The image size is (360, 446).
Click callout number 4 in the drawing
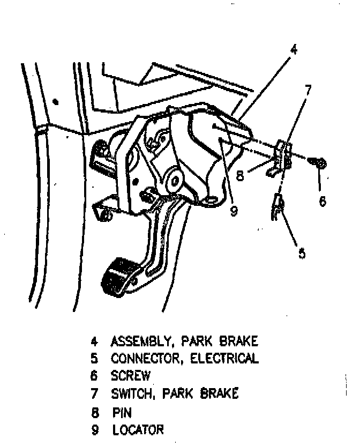[x=293, y=50]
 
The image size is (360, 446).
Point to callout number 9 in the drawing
[x=234, y=211]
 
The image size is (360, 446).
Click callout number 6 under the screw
[x=322, y=201]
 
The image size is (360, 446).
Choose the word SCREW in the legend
[x=131, y=376]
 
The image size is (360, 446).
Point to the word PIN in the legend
[x=122, y=412]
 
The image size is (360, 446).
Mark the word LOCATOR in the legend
[x=138, y=429]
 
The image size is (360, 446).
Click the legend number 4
[x=94, y=341]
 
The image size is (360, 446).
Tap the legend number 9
[x=95, y=429]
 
